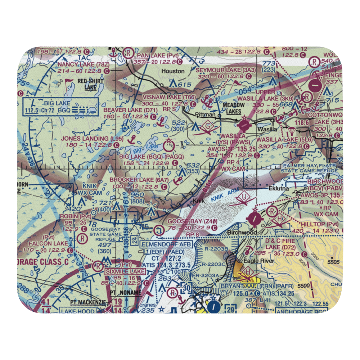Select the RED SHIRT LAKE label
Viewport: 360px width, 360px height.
(90, 84)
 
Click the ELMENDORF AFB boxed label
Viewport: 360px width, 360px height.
(167, 244)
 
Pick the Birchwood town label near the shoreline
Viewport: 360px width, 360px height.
(242, 233)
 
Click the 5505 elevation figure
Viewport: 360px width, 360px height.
(334, 262)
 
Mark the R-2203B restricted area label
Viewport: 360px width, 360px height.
(215, 249)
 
